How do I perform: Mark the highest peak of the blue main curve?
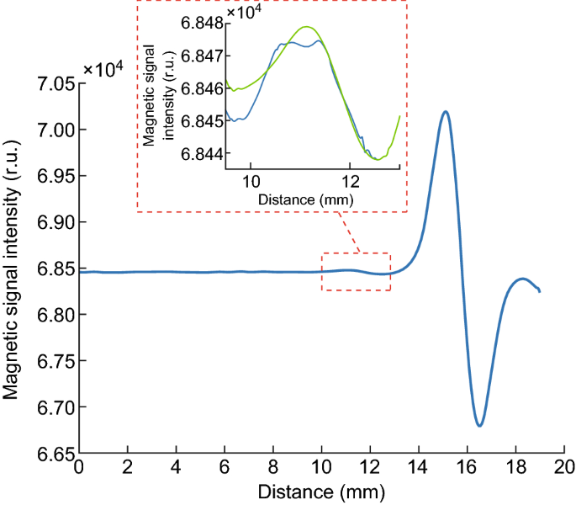[445, 111]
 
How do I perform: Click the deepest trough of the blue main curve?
[479, 425]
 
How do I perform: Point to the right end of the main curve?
[540, 291]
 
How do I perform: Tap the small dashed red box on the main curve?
[356, 272]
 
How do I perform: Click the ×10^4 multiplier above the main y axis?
[103, 69]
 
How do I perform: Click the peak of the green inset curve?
[306, 27]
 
